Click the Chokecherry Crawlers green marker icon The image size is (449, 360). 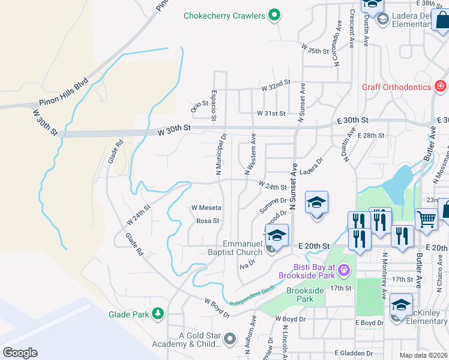(274, 15)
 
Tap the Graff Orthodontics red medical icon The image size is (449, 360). (440, 87)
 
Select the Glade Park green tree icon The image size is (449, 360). (157, 314)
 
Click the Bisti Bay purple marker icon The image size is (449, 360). (344, 271)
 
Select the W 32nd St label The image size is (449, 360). (276, 88)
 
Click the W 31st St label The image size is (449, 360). (271, 113)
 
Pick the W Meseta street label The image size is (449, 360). (206, 208)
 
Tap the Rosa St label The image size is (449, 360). (208, 221)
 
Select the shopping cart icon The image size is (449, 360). (426, 220)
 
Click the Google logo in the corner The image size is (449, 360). (20, 353)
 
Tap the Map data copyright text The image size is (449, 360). (423, 355)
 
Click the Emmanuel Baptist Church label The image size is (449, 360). (243, 248)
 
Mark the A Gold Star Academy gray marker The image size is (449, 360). (229, 340)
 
